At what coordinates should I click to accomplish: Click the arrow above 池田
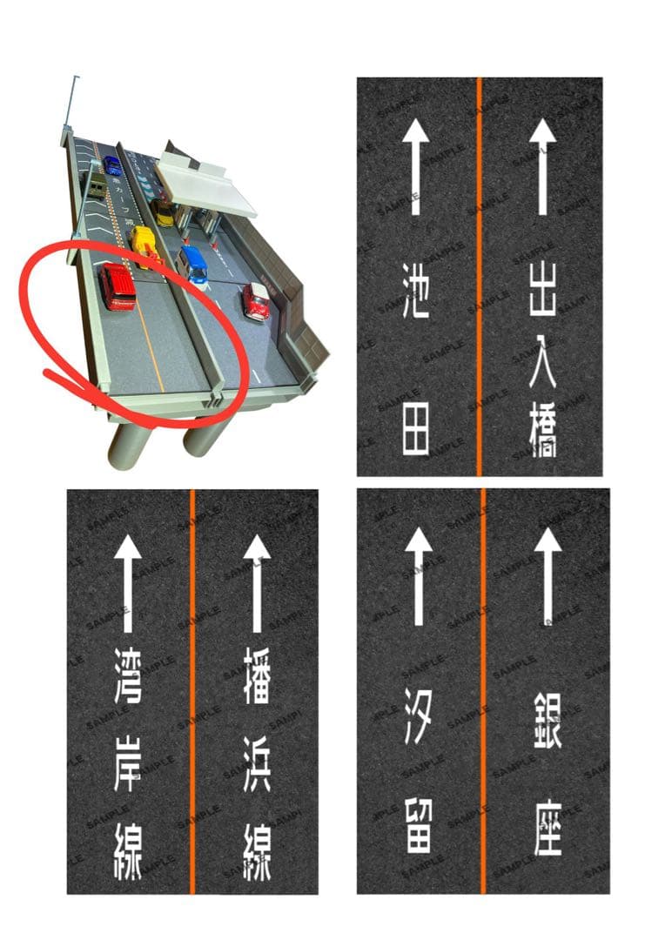pos(415,166)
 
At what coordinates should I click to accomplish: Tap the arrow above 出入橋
pos(543,166)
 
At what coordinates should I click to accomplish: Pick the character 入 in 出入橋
pos(543,360)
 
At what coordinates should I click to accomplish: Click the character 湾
pos(128,678)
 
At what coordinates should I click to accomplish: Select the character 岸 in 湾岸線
pos(128,766)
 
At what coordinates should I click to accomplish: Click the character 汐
pos(418,715)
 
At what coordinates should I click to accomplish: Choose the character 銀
pos(547,722)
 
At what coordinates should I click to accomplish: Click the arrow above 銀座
pos(547,575)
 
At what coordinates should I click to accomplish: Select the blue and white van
pos(193,264)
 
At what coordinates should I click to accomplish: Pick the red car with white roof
pos(256,299)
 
